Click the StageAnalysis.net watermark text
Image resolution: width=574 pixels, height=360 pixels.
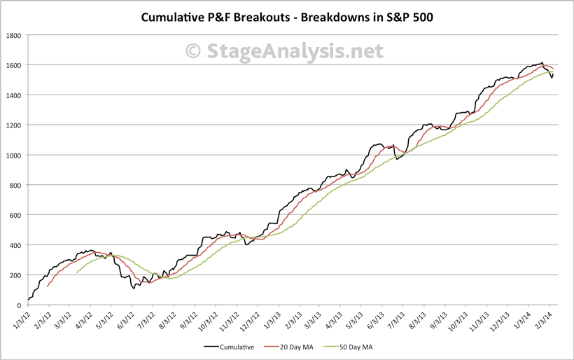293,51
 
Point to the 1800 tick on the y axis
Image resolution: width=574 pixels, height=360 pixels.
14,35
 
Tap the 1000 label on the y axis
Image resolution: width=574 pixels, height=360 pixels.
14,155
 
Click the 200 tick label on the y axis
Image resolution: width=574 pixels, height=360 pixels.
16,275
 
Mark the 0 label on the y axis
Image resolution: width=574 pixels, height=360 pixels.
20,305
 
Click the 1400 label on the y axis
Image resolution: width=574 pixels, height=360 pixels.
14,95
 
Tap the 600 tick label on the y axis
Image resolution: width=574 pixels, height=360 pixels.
16,215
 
